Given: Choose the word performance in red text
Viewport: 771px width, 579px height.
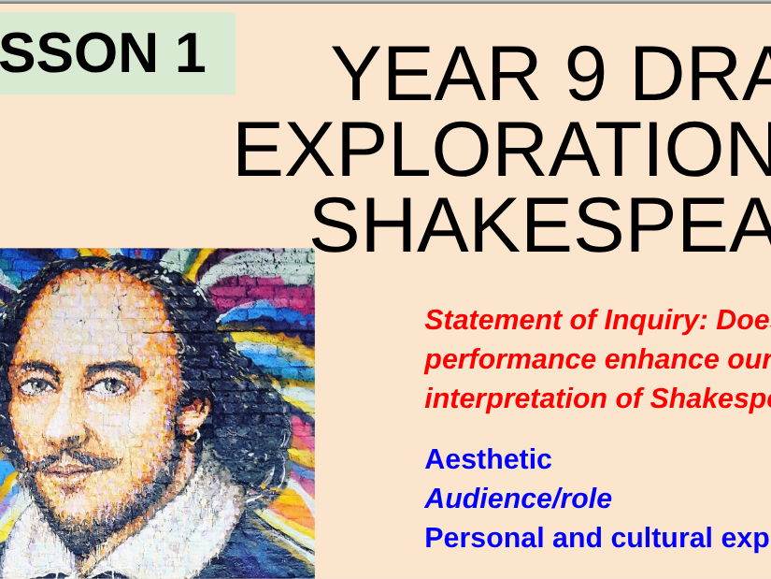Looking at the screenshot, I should pos(509,360).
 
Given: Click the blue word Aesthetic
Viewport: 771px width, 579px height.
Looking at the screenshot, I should pos(488,459).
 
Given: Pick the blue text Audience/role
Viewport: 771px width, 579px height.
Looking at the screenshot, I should pos(518,499).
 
